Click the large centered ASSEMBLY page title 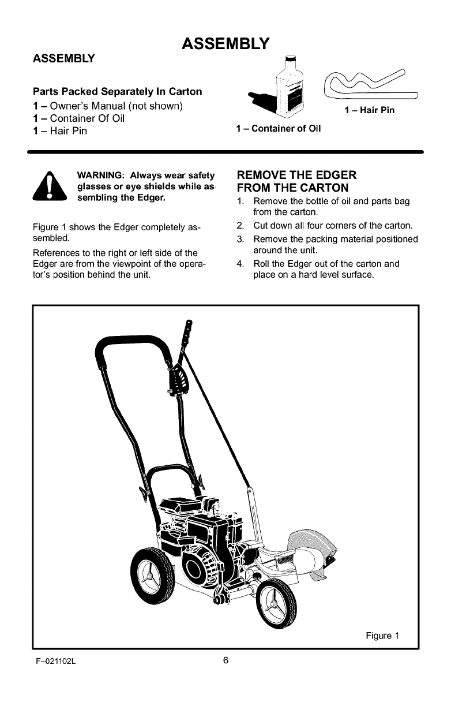pos(225,43)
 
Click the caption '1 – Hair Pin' pos(369,110)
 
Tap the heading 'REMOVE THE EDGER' pos(296,175)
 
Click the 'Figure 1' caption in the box pos(382,636)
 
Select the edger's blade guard pos(314,554)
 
